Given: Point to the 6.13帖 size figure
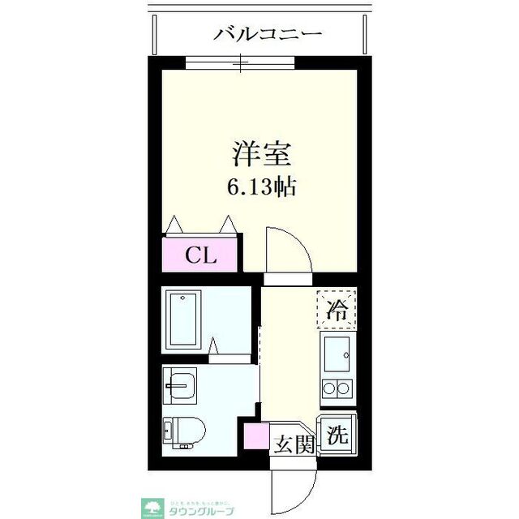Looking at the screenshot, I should point(260,187).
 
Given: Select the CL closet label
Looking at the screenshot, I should point(200,255).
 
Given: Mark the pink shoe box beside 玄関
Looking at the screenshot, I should point(255,435).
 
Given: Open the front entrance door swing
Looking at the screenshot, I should point(294,491).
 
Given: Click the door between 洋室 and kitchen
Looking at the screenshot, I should point(288,253).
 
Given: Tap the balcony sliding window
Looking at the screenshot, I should point(241,62).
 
